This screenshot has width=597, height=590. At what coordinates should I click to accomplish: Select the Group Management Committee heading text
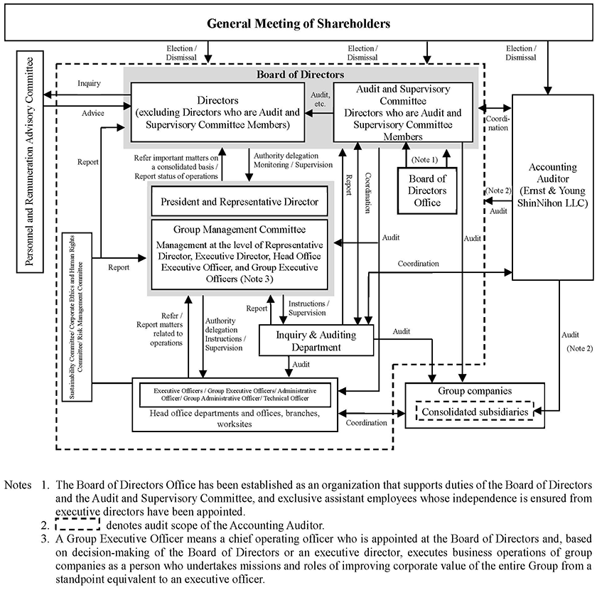tap(240, 230)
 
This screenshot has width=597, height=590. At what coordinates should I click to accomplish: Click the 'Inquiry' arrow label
tap(89, 83)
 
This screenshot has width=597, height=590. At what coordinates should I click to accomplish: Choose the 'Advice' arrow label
tap(93, 113)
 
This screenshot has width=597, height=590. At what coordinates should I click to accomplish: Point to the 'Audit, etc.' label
tap(321, 99)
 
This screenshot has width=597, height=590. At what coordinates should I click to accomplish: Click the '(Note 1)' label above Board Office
tap(424, 160)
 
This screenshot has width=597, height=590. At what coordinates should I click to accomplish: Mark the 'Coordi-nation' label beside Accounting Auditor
tap(497, 124)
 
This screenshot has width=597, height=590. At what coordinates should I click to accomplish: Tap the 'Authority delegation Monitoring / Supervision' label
tap(293, 160)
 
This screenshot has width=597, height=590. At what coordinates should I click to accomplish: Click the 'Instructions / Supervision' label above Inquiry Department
tap(308, 308)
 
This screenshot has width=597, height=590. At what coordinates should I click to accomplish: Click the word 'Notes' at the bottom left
tap(18, 485)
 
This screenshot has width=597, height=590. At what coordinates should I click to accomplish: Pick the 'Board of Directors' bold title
tap(300, 74)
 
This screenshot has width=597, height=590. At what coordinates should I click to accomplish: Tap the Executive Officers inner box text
tap(235, 395)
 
